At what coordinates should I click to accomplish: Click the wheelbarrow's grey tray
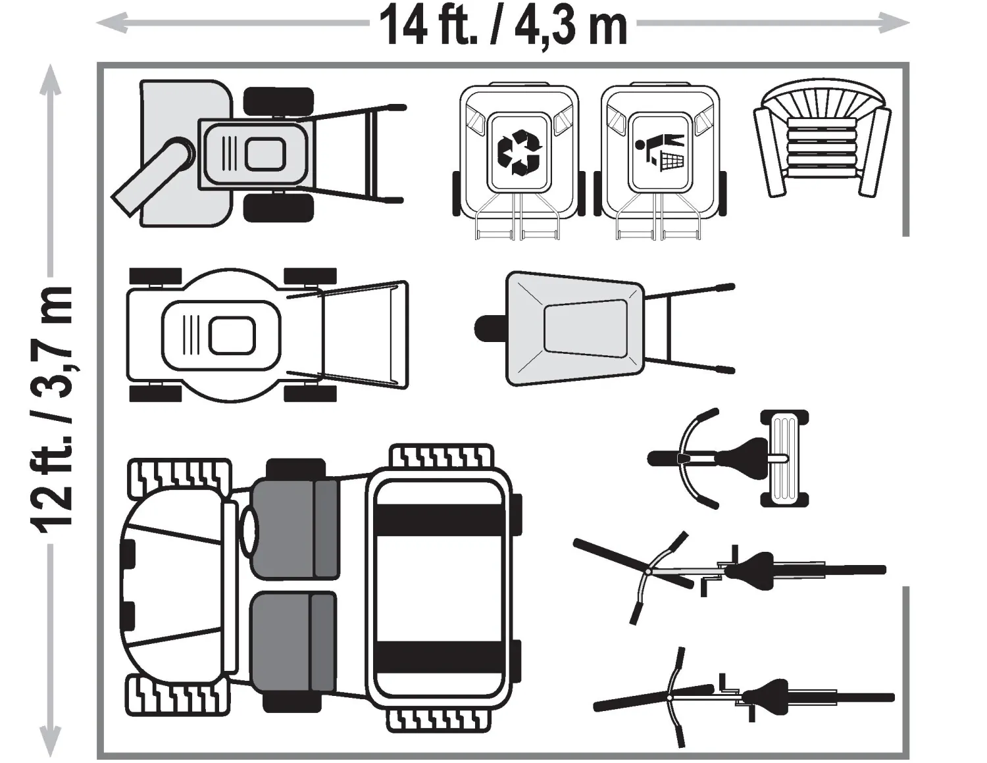575,329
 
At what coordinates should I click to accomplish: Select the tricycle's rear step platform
785,458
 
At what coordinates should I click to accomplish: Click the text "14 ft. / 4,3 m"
503,24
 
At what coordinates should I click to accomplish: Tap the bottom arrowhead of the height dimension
50,740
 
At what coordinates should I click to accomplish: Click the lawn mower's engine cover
221,335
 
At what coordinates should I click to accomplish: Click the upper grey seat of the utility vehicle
295,528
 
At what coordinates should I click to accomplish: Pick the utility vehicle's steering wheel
249,531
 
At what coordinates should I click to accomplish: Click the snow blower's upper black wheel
278,102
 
